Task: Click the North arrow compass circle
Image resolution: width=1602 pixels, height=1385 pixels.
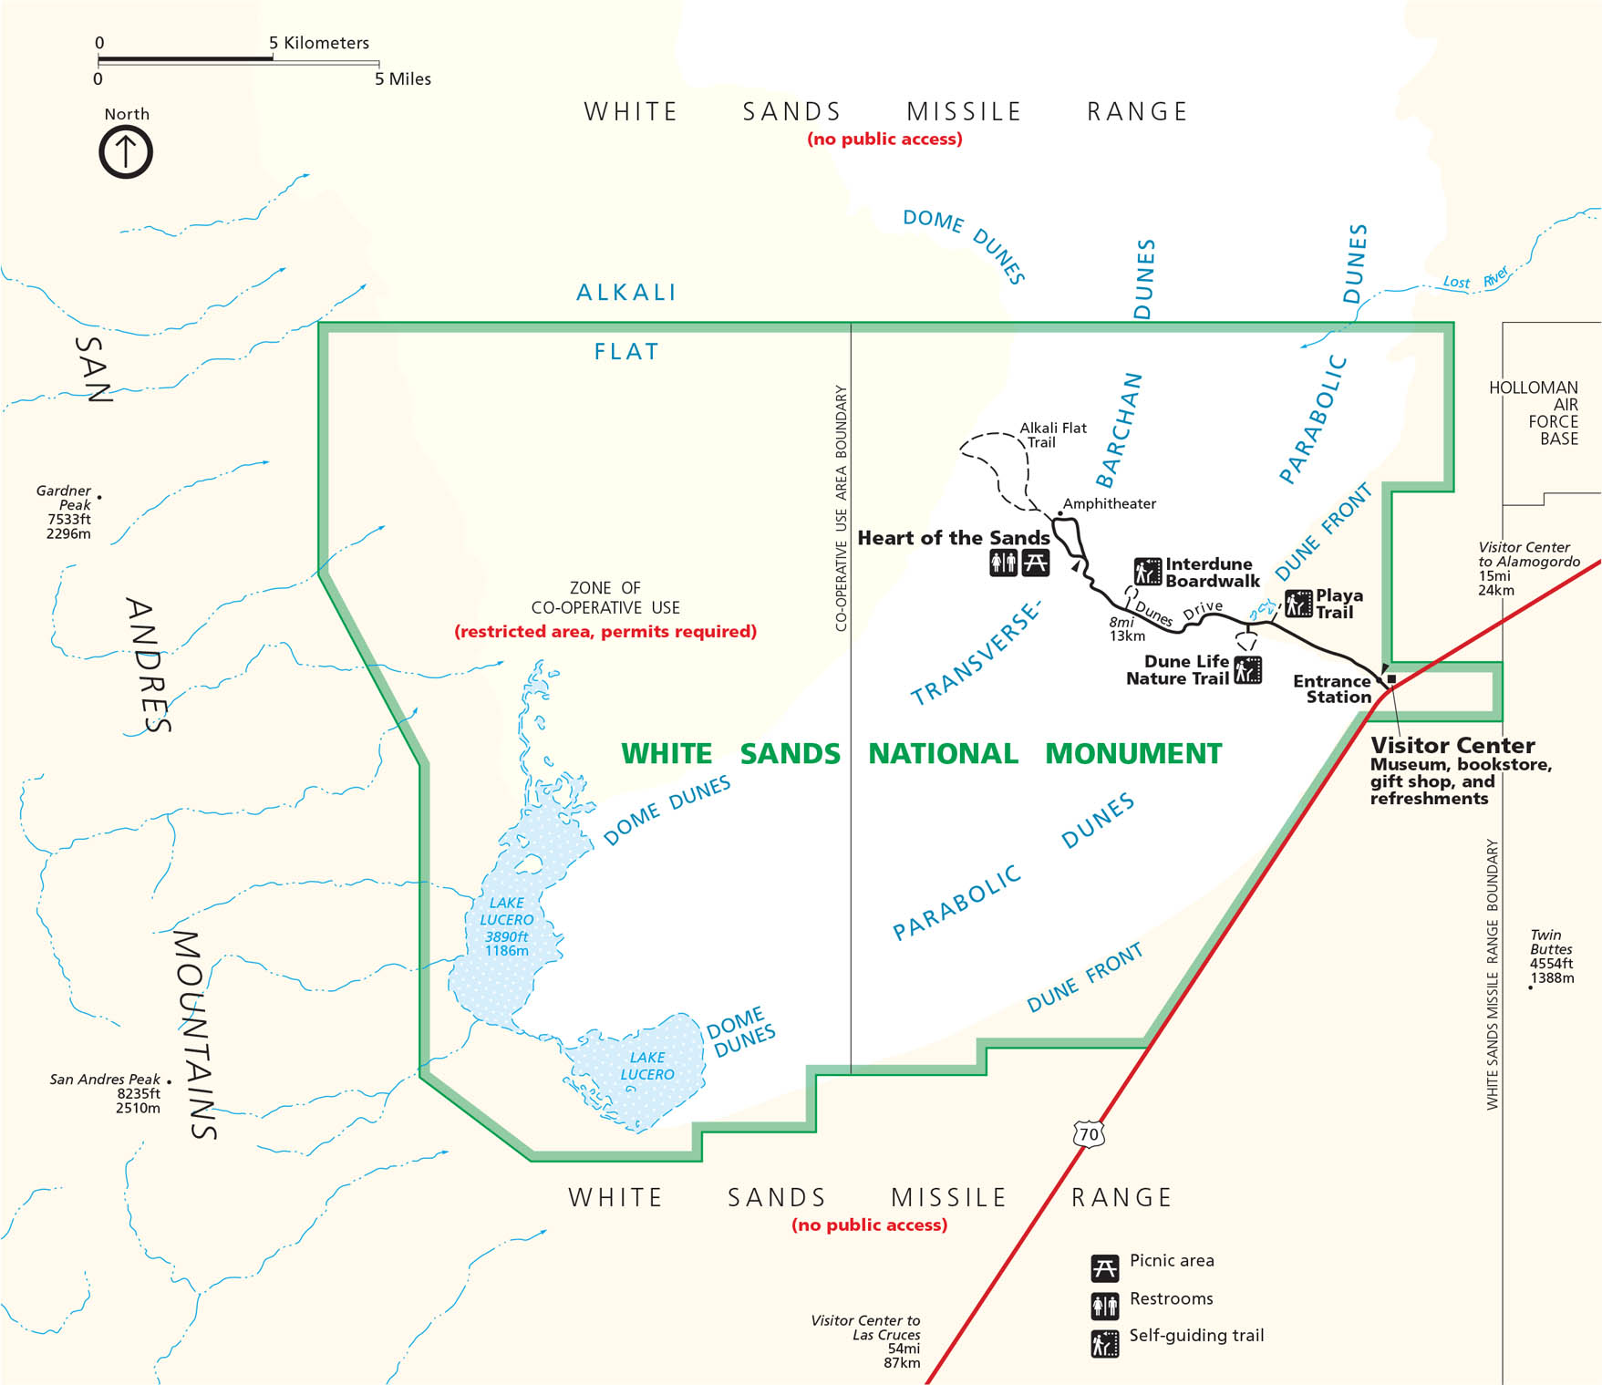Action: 126,151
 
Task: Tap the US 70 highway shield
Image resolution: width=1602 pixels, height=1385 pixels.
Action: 1089,1134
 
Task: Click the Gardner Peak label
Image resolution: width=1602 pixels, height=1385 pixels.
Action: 64,498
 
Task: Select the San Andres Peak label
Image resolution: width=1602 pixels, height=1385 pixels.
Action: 105,1080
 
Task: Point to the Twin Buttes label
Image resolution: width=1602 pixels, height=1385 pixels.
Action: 1545,942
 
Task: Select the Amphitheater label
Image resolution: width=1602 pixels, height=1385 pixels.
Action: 1109,503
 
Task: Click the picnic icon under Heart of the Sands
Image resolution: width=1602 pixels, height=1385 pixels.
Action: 1035,563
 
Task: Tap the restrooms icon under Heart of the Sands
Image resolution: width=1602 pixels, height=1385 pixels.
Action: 1003,563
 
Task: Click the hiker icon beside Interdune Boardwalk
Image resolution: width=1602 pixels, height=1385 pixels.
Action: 1147,573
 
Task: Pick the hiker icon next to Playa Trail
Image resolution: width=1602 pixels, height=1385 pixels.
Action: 1298,604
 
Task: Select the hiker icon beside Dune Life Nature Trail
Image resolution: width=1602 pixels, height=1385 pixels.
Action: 1247,670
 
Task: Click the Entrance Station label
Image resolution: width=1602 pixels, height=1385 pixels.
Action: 1332,689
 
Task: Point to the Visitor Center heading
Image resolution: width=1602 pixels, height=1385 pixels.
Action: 1452,745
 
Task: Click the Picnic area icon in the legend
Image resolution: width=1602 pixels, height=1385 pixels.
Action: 1104,1268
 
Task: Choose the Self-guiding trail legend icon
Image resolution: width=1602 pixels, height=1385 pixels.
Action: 1104,1343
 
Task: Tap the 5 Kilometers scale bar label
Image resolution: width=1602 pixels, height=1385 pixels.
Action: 319,43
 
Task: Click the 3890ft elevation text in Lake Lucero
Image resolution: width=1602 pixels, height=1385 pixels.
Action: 506,936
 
